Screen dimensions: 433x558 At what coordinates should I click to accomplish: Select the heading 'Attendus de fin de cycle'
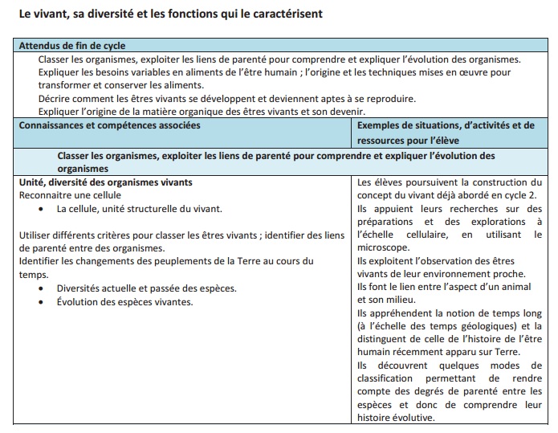[x=71, y=47]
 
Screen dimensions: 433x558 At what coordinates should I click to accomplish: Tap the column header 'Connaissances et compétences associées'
[x=110, y=125]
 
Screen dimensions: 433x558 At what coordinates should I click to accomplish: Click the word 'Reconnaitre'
[x=45, y=195]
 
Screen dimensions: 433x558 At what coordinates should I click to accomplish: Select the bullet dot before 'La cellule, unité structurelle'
[x=41, y=209]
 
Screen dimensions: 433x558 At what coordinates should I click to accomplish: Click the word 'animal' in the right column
[x=528, y=287]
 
